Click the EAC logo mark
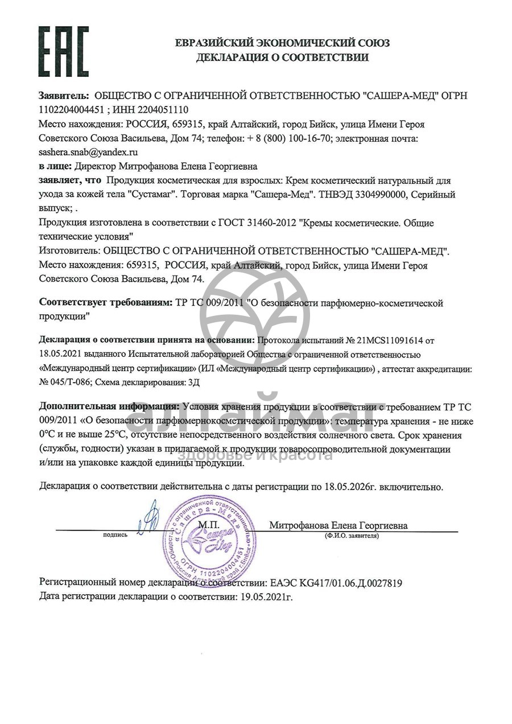click(64, 51)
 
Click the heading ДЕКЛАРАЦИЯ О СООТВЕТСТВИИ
click(282, 57)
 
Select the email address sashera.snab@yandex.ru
click(88, 153)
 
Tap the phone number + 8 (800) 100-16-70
click(288, 138)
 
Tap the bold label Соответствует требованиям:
click(104, 303)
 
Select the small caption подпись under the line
click(115, 536)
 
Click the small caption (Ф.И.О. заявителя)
click(352, 536)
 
